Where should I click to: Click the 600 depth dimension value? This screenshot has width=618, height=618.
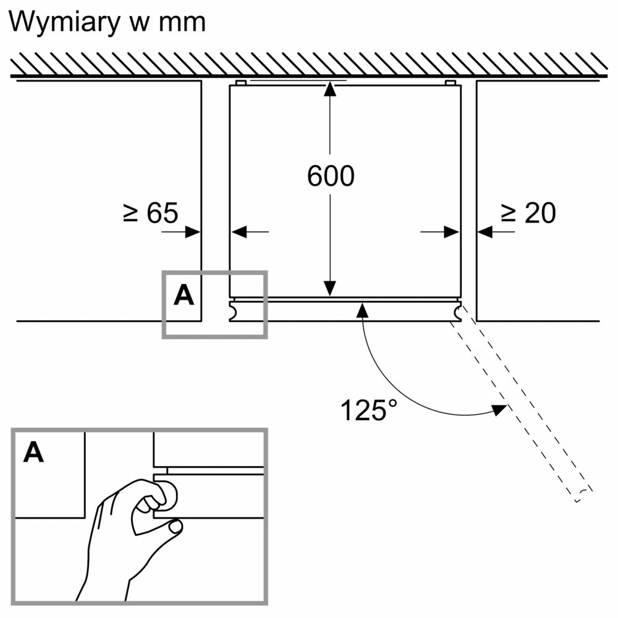click(331, 176)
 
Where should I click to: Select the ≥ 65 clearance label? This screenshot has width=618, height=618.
click(150, 213)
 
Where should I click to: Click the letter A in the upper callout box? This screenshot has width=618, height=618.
click(184, 296)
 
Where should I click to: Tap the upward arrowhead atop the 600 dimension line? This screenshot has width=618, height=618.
click(331, 88)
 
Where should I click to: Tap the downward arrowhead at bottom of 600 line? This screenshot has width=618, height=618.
click(331, 288)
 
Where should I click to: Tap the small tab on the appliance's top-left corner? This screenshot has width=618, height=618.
click(241, 83)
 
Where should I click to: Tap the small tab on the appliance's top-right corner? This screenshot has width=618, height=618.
click(451, 83)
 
